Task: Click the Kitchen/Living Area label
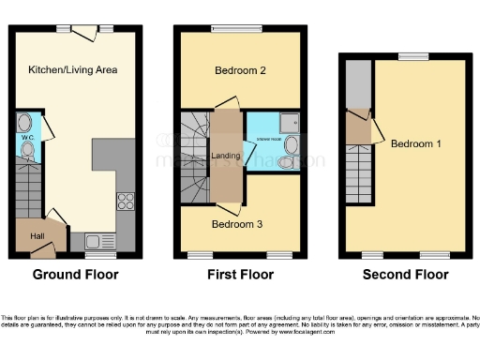[x=72, y=69]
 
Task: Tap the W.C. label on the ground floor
[x=27, y=138]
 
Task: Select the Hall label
[x=37, y=236]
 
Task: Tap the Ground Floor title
[x=76, y=275]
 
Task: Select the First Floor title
[x=241, y=275]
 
